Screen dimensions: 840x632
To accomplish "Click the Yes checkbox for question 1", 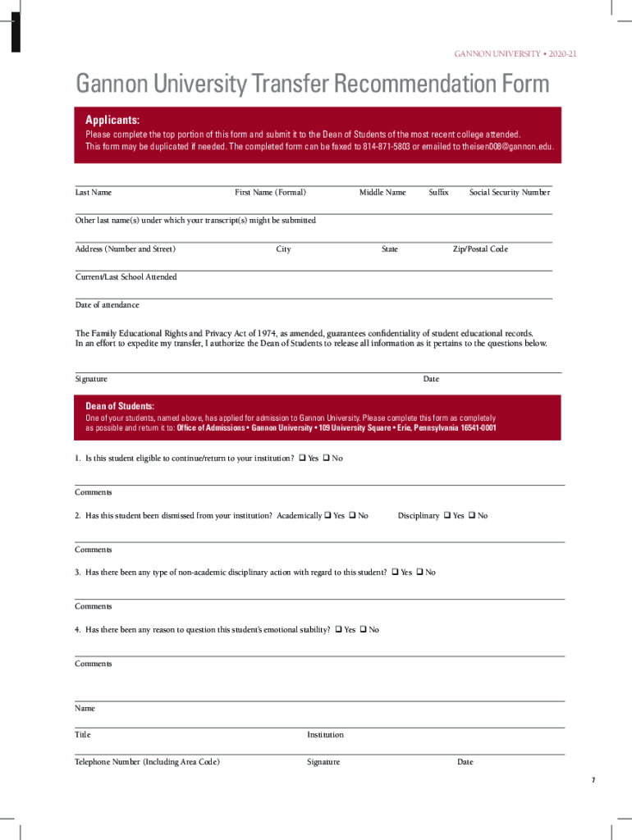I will [302, 458].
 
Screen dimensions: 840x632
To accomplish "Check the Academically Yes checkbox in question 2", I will [327, 515].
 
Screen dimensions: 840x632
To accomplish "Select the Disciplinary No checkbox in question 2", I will [472, 515].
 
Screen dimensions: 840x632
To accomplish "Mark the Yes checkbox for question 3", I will [395, 572].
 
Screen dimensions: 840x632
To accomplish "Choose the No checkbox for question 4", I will [363, 629].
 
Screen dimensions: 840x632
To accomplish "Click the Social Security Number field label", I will [509, 192].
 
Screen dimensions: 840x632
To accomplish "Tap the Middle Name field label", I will [382, 192].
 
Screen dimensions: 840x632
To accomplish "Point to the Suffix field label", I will [438, 192].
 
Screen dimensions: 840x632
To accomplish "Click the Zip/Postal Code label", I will [480, 249].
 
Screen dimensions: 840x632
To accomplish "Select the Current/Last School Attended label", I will [126, 276].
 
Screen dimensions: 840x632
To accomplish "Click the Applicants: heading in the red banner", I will [112, 120].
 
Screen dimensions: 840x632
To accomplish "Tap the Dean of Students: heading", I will [120, 406].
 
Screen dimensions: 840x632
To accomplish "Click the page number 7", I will [593, 779].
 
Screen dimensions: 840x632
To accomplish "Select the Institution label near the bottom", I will [325, 734].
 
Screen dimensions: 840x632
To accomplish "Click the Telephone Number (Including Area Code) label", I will [147, 762].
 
